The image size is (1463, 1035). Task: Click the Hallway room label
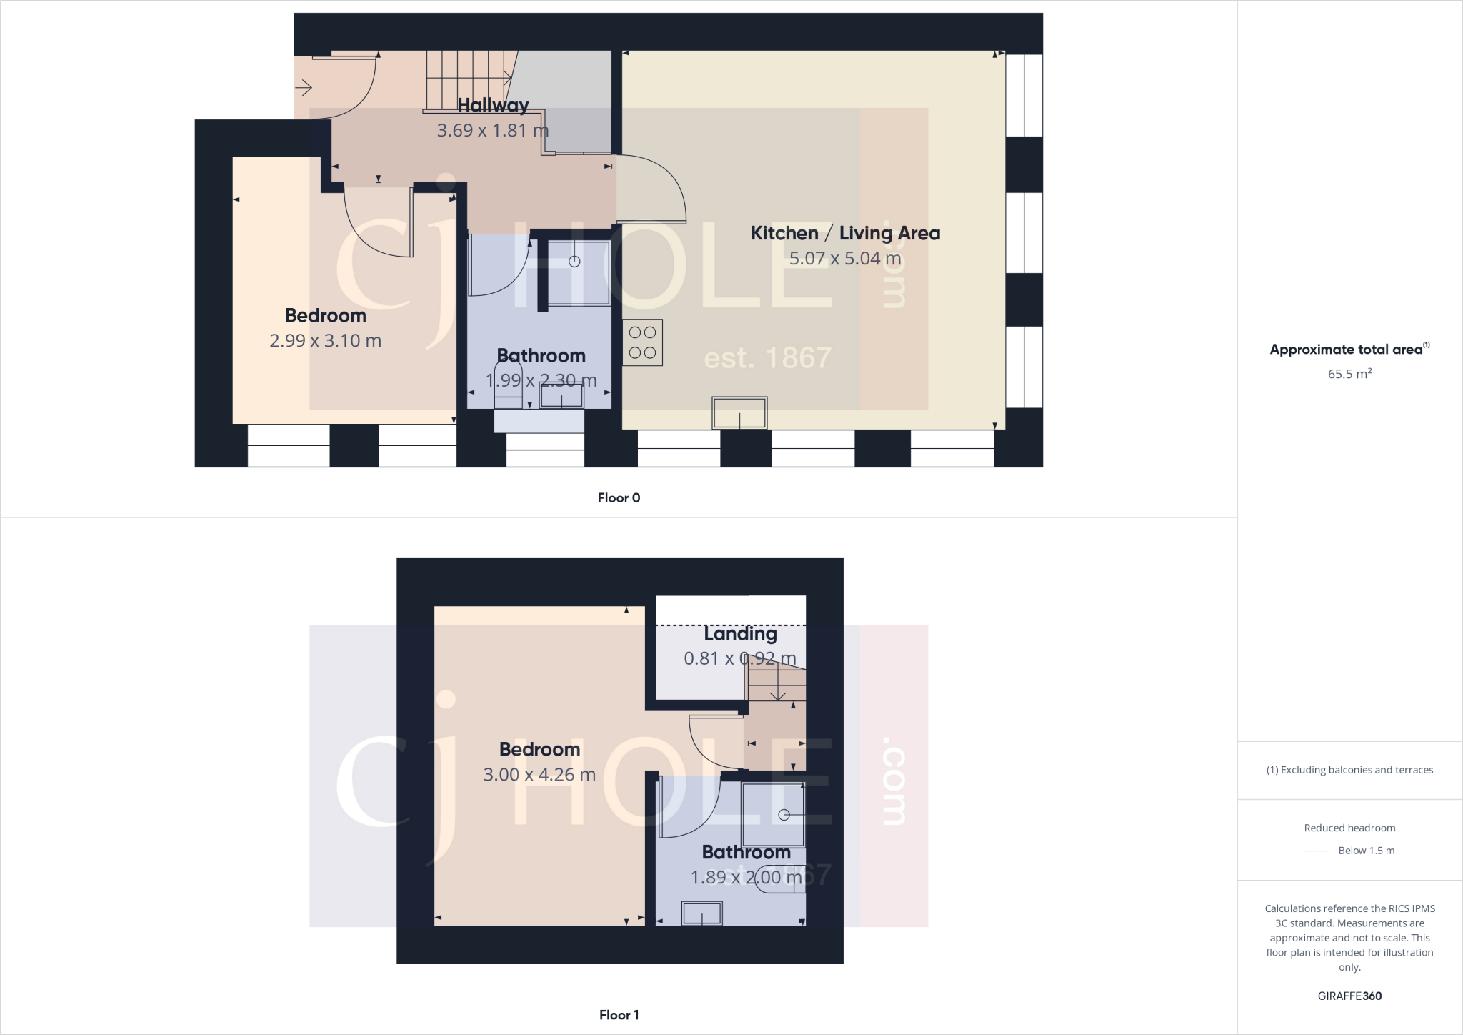pyautogui.click(x=493, y=105)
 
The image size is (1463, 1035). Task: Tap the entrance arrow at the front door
pyautogui.click(x=304, y=88)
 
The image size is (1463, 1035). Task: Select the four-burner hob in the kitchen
pyautogui.click(x=642, y=342)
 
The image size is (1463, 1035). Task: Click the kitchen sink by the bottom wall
pyautogui.click(x=739, y=413)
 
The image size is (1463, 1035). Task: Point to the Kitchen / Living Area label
pyautogui.click(x=845, y=233)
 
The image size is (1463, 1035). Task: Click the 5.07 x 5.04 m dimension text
pyautogui.click(x=845, y=258)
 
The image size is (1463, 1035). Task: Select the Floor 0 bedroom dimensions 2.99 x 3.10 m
pyautogui.click(x=325, y=340)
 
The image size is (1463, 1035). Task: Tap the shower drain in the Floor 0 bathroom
pyautogui.click(x=574, y=262)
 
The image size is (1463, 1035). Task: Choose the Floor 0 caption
pyautogui.click(x=619, y=498)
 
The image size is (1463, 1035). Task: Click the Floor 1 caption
pyautogui.click(x=619, y=1015)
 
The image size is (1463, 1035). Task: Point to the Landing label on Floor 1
pyautogui.click(x=740, y=634)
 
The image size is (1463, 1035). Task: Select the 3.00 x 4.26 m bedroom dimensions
pyautogui.click(x=539, y=774)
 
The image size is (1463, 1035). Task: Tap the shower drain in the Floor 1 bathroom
pyautogui.click(x=784, y=815)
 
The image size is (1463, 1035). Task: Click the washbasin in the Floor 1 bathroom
pyautogui.click(x=701, y=913)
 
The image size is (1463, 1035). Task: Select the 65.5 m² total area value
pyautogui.click(x=1349, y=374)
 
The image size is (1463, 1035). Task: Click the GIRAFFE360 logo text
pyautogui.click(x=1349, y=996)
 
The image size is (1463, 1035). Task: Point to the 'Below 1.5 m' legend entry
pyautogui.click(x=1366, y=851)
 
